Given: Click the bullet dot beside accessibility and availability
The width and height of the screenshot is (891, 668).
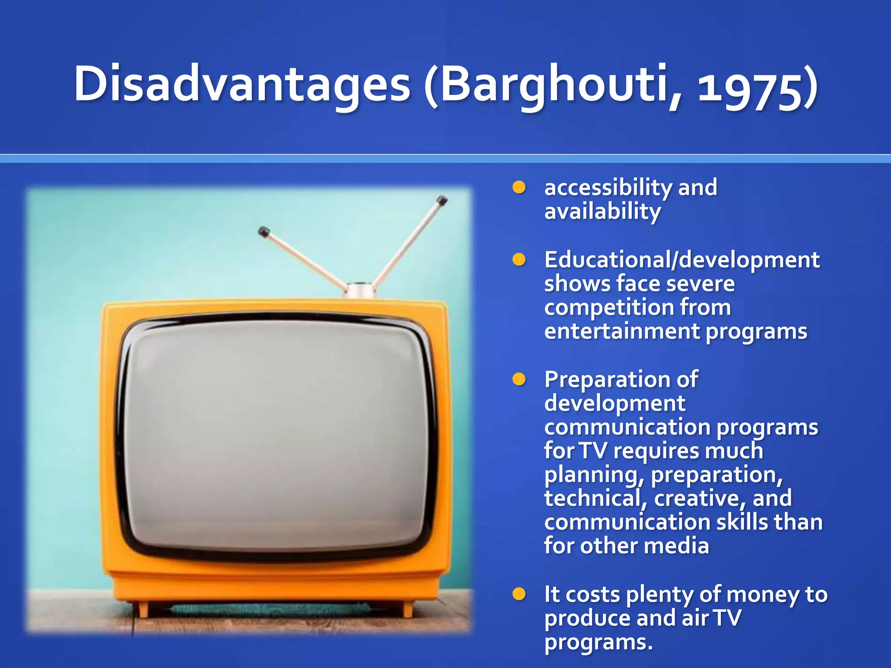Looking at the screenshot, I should click(519, 188).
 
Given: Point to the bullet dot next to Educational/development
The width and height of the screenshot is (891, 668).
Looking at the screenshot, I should click(519, 260).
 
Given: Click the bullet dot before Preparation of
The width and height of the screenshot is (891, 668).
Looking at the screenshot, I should click(519, 379).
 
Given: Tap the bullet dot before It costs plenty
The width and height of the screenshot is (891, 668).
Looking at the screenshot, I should click(519, 594).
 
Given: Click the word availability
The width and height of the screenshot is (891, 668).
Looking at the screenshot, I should click(603, 212).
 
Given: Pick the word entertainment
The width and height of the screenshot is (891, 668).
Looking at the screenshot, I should click(621, 331).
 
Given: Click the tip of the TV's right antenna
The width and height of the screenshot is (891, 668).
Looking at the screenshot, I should click(442, 200).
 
